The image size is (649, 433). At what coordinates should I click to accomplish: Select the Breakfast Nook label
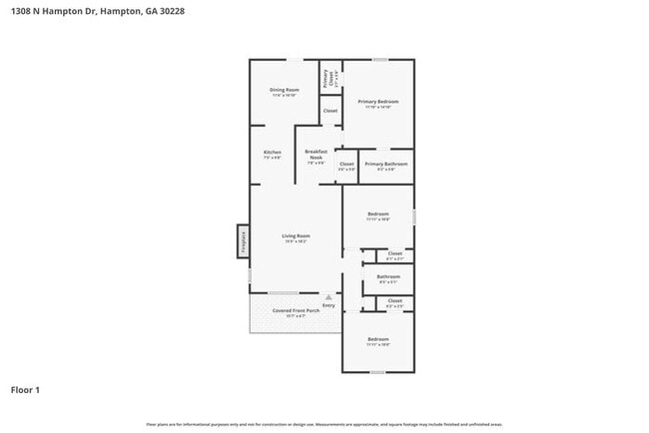316,155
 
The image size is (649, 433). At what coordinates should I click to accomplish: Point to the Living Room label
297,236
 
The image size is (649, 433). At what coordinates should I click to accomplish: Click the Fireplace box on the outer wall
242,242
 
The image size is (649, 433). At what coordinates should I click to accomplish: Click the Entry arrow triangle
328,296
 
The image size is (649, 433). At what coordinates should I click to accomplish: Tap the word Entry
328,305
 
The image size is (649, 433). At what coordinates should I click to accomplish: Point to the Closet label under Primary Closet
330,111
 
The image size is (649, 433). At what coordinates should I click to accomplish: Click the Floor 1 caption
26,390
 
